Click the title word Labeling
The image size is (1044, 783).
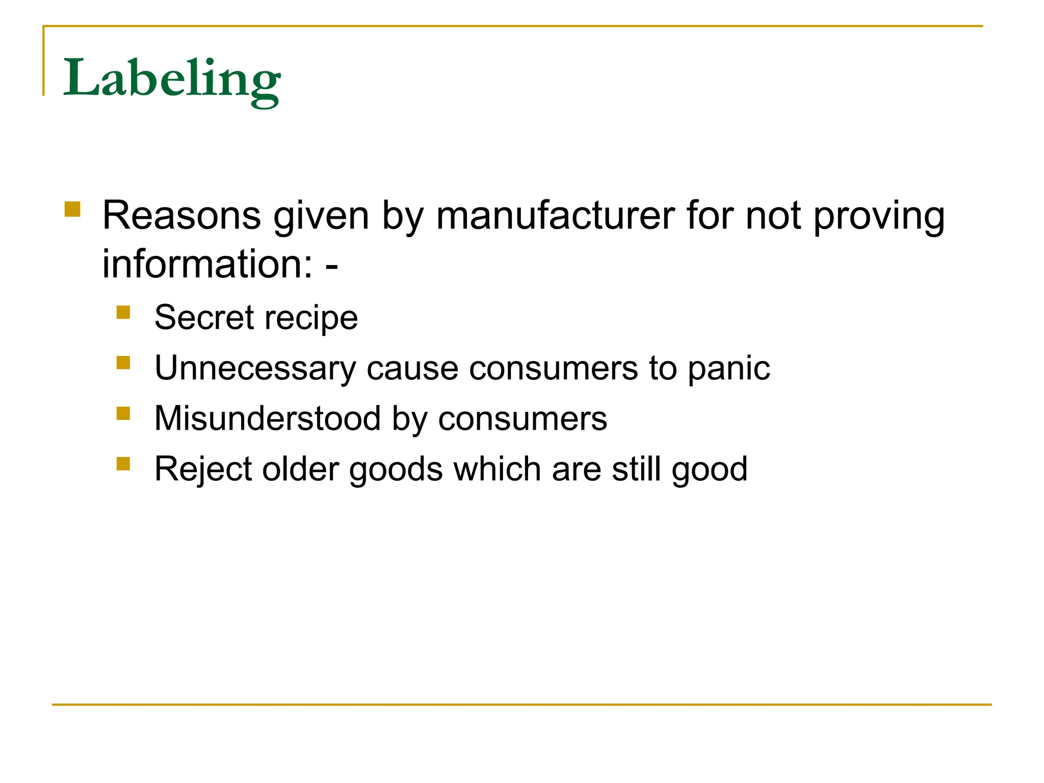tap(171, 79)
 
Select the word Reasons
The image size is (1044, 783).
tap(181, 216)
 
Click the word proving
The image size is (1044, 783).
tap(878, 216)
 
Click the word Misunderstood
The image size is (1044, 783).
tap(268, 419)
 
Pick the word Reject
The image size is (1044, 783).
tap(203, 469)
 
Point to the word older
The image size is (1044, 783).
tap(300, 469)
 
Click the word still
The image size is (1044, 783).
tap(636, 469)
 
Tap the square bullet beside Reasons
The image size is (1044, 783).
tap(73, 210)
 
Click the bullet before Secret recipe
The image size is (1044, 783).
tap(123, 312)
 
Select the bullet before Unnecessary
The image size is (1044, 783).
tap(123, 362)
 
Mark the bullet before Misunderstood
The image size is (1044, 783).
tap(123, 413)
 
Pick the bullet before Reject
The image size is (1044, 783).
tap(123, 463)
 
